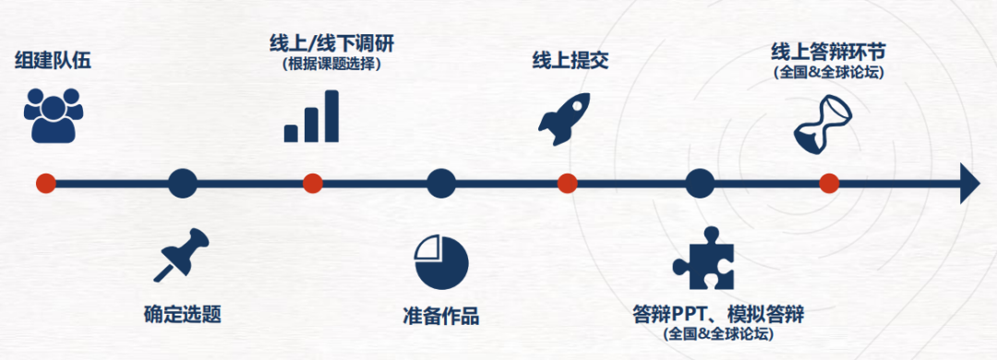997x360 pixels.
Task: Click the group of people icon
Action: click(54, 114)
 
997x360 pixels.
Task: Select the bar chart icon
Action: click(311, 116)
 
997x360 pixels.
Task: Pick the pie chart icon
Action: click(441, 261)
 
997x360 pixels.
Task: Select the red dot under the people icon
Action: click(45, 184)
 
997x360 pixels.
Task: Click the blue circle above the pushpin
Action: click(183, 184)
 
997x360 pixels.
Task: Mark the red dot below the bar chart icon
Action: click(312, 184)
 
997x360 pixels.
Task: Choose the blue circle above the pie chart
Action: click(441, 184)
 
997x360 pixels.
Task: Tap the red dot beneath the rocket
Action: click(568, 184)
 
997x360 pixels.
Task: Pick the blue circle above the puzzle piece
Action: click(700, 184)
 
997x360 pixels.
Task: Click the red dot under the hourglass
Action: click(829, 184)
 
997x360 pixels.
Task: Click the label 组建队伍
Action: click(54, 62)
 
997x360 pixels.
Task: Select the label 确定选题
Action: click(183, 314)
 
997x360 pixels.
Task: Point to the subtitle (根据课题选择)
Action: click(331, 65)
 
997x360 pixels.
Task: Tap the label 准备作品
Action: click(441, 315)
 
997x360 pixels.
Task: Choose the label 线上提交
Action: click(570, 61)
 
